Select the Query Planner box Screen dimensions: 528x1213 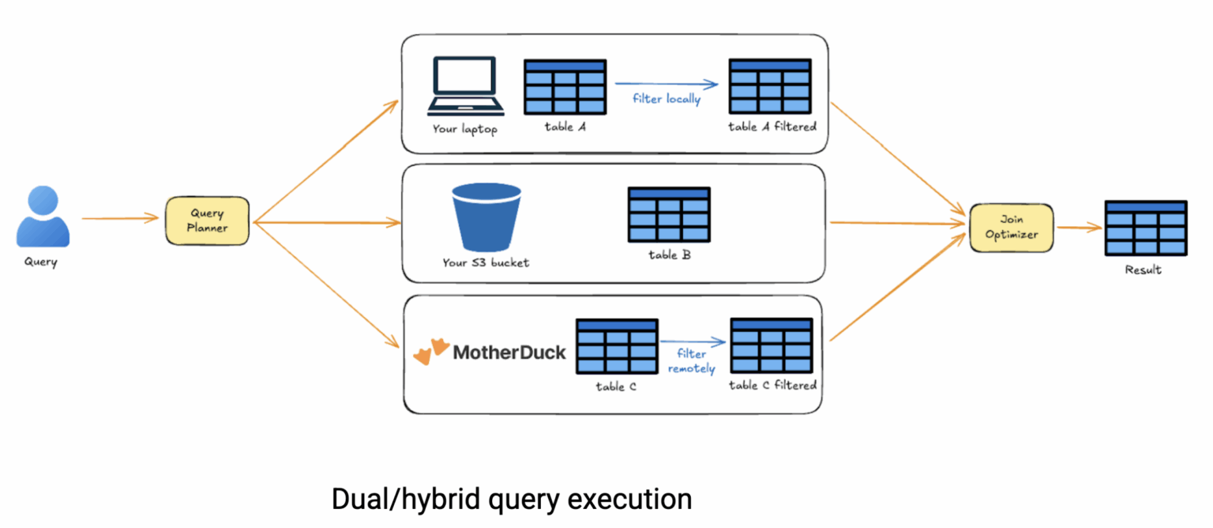207,221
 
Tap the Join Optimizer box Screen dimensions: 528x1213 1011,228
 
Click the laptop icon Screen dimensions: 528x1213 465,86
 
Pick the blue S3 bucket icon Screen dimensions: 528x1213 486,217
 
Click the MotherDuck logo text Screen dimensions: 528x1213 509,352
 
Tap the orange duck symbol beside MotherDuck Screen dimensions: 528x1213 431,352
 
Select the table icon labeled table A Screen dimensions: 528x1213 565,86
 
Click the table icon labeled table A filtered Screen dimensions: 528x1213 770,86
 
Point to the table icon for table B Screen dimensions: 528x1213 668,215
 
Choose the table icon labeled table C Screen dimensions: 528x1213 616,346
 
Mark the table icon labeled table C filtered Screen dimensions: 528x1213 771,345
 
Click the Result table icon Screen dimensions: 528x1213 1145,228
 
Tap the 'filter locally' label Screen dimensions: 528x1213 667,100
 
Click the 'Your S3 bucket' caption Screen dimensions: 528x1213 485,262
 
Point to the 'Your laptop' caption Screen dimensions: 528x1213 464,129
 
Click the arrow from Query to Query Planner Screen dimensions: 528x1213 120,218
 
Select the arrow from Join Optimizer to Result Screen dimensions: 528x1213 1078,228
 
